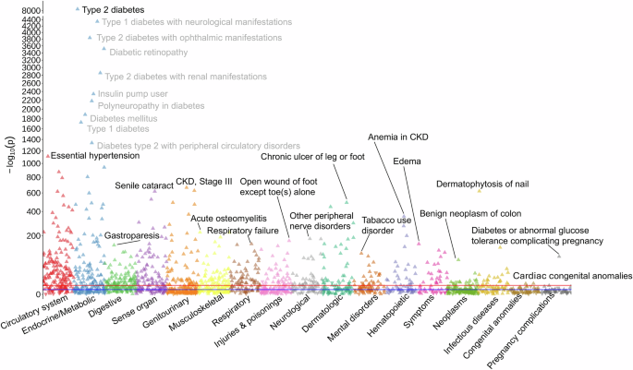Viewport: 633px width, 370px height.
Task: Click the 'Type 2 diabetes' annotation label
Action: coord(116,8)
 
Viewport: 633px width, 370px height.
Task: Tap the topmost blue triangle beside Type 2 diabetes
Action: coord(77,9)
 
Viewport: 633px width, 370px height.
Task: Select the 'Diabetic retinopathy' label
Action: coord(149,52)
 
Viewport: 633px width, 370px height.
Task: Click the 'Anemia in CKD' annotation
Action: coord(403,137)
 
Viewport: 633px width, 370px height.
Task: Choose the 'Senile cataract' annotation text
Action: coord(143,185)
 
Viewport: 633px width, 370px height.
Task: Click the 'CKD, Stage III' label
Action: coord(204,183)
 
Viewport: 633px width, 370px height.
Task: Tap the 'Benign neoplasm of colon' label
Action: coord(470,213)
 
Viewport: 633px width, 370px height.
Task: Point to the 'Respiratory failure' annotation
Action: coord(243,230)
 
